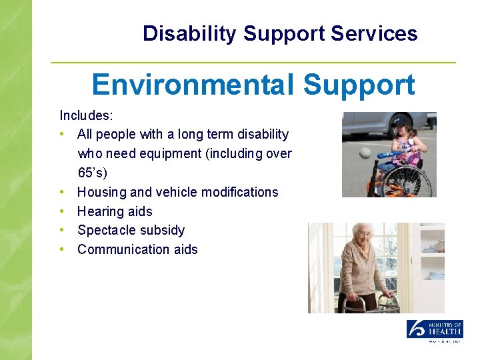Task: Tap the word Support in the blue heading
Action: pyautogui.click(x=359, y=85)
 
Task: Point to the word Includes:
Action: pyautogui.click(x=87, y=115)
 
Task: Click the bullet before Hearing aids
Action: pyautogui.click(x=62, y=211)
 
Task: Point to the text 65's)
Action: pyautogui.click(x=93, y=173)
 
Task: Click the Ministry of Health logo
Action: pyautogui.click(x=435, y=330)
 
